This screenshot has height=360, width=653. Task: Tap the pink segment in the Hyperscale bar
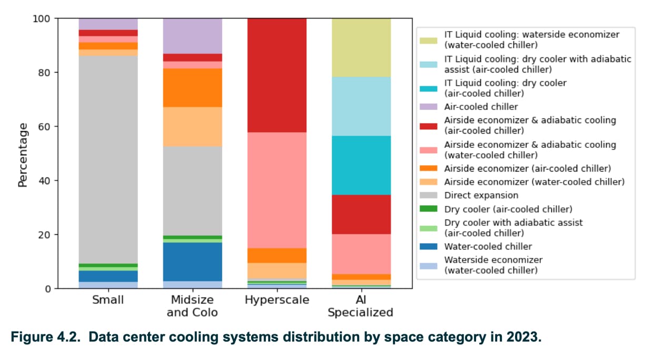(x=277, y=190)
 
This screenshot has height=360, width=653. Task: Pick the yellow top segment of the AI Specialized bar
(x=361, y=47)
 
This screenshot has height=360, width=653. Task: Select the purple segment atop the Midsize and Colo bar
(x=193, y=36)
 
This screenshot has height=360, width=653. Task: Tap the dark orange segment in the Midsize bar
(x=193, y=87)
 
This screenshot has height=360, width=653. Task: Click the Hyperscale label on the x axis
(x=277, y=300)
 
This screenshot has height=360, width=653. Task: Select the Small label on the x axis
(x=108, y=300)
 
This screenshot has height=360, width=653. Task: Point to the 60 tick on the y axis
(x=44, y=127)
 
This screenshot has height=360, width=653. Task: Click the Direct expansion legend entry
(x=473, y=195)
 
